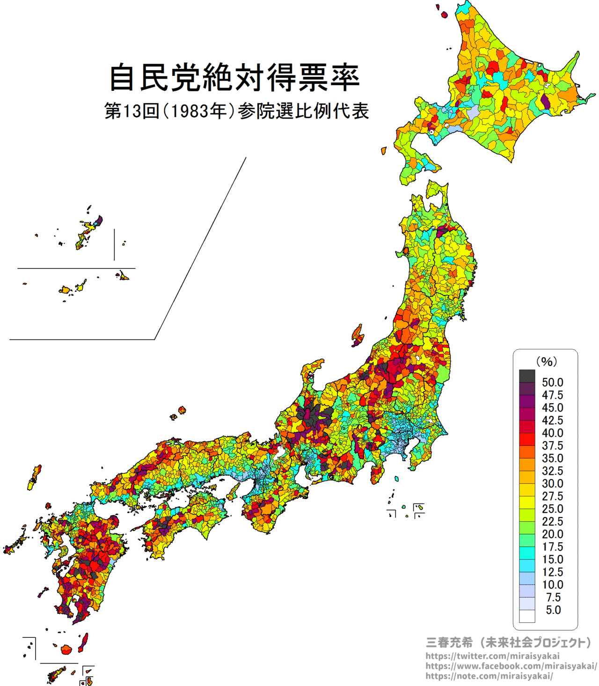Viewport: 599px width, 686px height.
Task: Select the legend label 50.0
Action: coord(552,383)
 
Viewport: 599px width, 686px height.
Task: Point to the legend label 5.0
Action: coord(553,610)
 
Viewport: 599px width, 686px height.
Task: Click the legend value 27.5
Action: coord(552,496)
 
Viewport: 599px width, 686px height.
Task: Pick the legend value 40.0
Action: coord(552,433)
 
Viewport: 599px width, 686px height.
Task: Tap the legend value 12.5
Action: coord(552,572)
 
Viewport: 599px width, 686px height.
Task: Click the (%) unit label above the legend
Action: coord(546,361)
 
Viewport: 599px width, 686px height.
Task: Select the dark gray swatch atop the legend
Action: coord(527,376)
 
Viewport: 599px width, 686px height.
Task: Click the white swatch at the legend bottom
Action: coord(527,616)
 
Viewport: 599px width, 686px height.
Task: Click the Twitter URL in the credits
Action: coord(492,656)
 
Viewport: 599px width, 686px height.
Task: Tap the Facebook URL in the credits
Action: coord(511,666)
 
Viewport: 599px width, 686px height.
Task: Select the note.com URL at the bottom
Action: coord(489,676)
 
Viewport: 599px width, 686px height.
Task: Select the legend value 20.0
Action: coord(552,534)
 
